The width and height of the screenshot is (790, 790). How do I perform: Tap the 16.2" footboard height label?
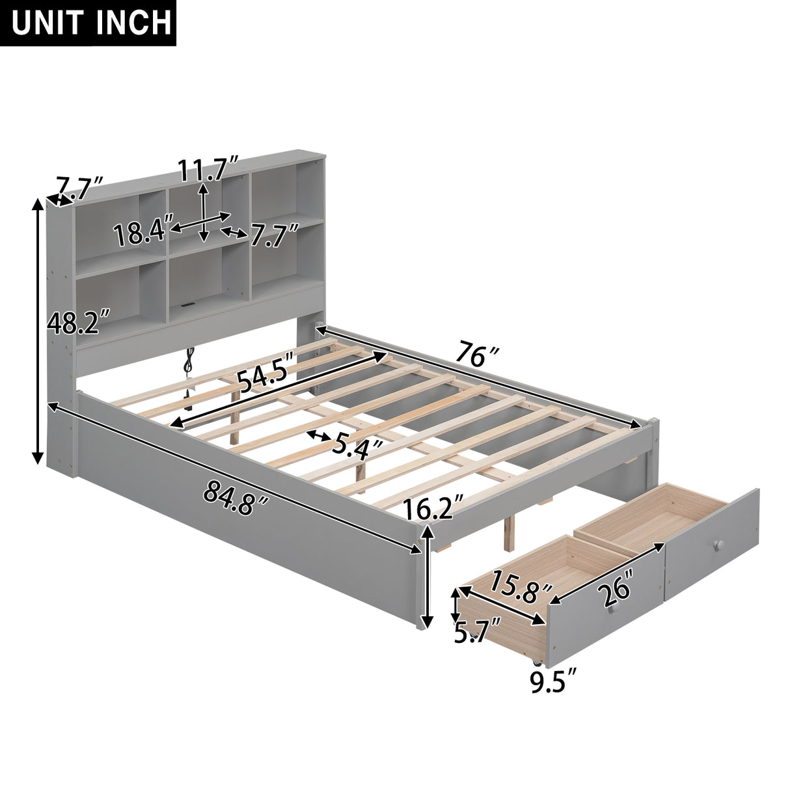433,507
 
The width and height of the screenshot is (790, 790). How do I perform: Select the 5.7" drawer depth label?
477,631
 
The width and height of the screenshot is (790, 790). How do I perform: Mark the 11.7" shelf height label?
210,170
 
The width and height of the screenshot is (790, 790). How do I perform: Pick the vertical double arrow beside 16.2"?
427,577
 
